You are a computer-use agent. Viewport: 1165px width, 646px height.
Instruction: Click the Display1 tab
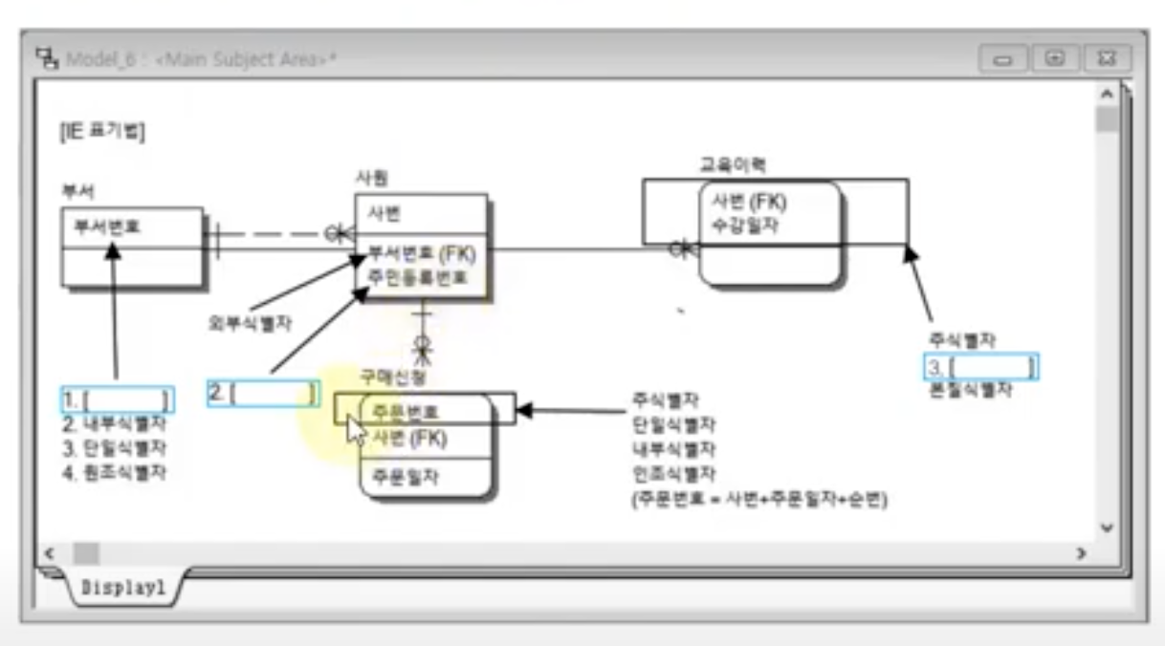pos(123,588)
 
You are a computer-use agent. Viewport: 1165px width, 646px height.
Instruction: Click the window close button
pos(1107,58)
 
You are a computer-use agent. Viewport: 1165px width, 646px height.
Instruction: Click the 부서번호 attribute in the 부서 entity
pos(108,227)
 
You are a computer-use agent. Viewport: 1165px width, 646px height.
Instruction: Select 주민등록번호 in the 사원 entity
pos(418,278)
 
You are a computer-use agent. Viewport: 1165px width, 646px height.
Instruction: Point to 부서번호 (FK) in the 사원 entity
pos(422,254)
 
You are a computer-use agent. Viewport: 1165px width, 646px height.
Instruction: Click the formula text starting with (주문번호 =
pos(758,499)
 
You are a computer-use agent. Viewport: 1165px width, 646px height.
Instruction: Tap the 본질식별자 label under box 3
pos(970,390)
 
